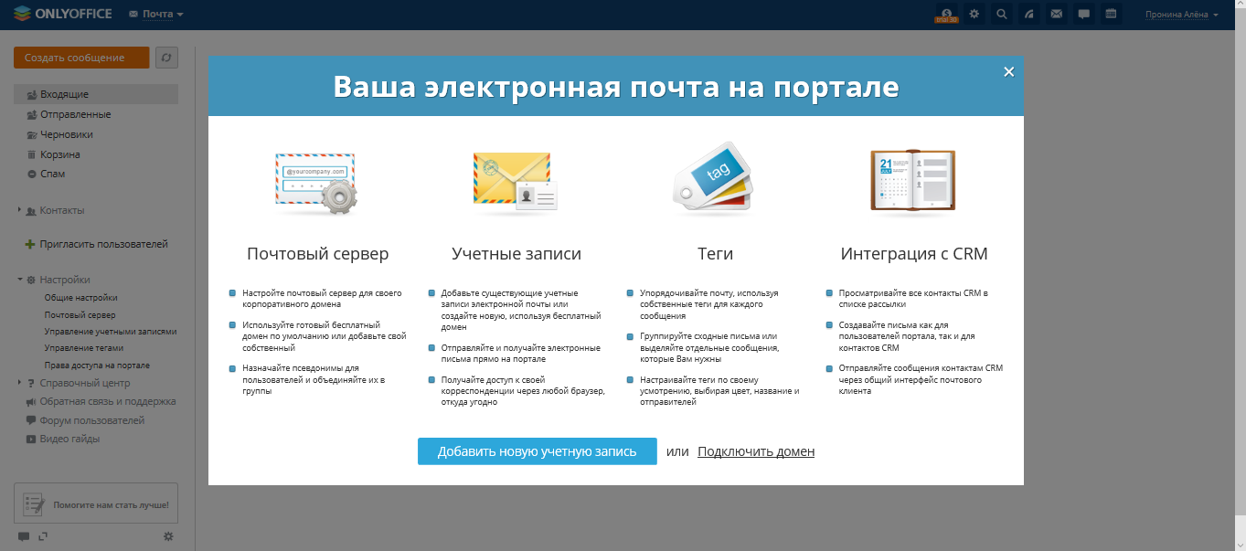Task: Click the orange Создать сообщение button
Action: click(81, 58)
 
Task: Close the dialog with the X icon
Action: click(1008, 72)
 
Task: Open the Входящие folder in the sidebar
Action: click(64, 94)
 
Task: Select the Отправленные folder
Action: click(75, 114)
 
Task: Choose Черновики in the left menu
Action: click(66, 134)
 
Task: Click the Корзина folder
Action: click(59, 154)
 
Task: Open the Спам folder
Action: click(52, 174)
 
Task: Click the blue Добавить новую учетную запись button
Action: click(537, 451)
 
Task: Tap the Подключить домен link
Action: click(755, 451)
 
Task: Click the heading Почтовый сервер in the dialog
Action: click(317, 254)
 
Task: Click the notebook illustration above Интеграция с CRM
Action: click(912, 180)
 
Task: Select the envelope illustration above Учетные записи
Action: click(514, 180)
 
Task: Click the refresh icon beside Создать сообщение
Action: click(166, 58)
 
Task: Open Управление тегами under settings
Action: click(84, 348)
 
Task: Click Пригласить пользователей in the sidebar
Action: click(103, 244)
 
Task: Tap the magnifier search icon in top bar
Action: click(1002, 14)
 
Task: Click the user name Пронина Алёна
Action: click(1181, 15)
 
